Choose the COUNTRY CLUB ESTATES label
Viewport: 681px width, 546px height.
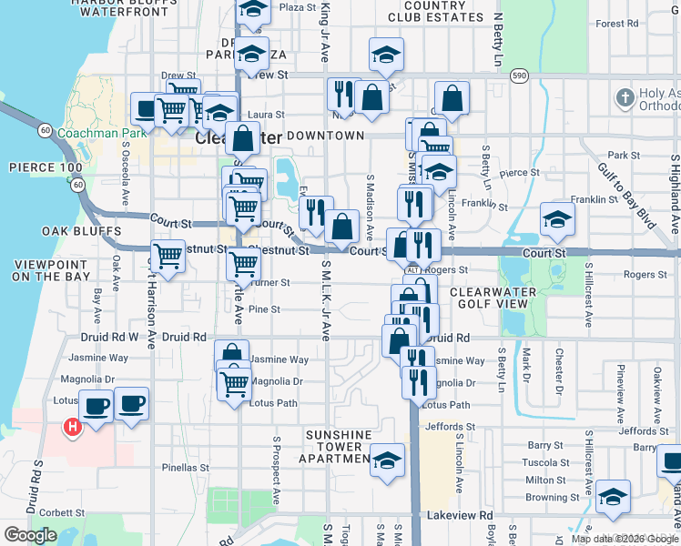[426, 11]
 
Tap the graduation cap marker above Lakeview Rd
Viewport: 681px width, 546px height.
[614, 496]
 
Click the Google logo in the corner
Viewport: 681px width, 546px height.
[30, 535]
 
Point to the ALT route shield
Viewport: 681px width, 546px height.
[412, 270]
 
